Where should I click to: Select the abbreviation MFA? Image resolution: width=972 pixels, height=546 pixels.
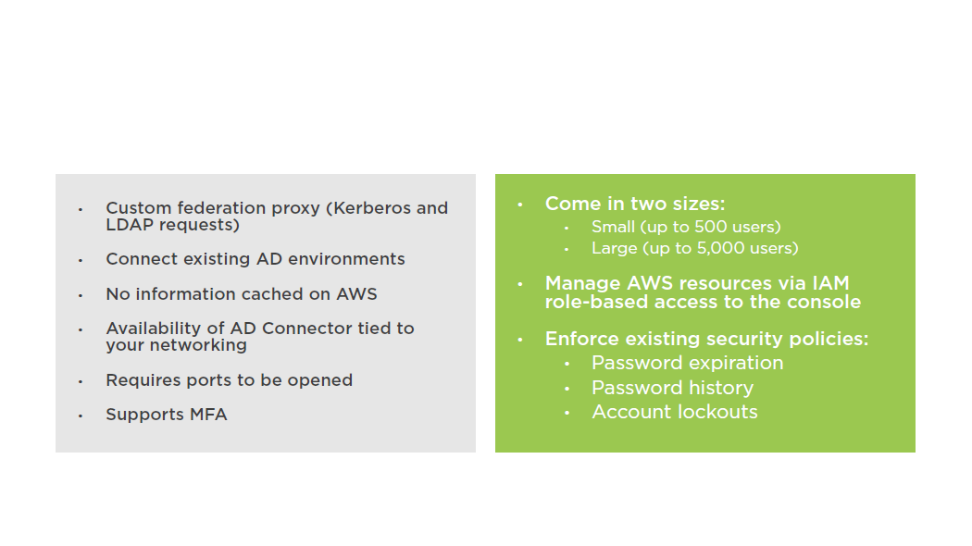[208, 414]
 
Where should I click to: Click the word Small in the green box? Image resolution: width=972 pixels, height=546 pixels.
[613, 227]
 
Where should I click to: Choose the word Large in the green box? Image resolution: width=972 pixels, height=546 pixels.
[615, 249]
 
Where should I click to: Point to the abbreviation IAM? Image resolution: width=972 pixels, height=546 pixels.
[830, 283]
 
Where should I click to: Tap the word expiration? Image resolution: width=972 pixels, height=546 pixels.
[734, 363]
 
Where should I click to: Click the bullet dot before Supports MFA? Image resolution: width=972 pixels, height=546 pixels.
[81, 416]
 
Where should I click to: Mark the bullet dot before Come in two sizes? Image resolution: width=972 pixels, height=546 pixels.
[520, 204]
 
